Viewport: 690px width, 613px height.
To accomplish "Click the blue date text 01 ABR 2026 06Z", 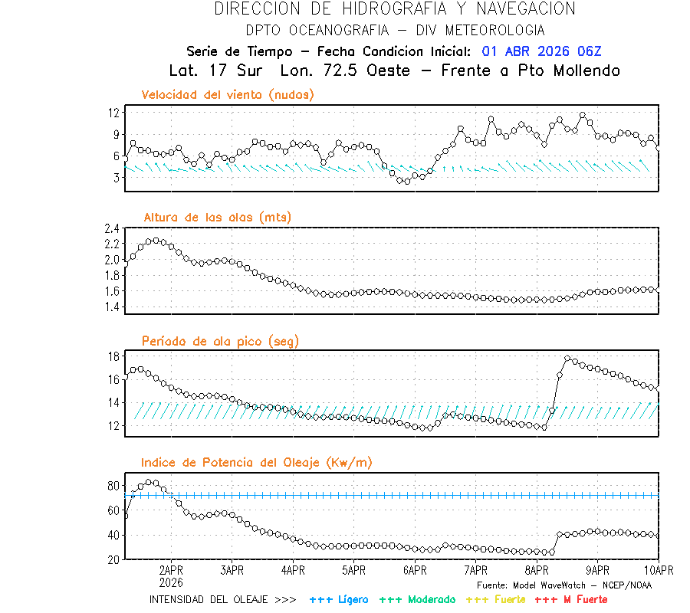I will [542, 51].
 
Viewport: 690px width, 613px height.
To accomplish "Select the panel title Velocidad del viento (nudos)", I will [228, 95].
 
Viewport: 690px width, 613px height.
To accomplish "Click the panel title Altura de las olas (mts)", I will [217, 218].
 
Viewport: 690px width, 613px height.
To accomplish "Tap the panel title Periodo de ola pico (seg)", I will [220, 341].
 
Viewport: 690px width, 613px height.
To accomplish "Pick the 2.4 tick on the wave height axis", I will [112, 228].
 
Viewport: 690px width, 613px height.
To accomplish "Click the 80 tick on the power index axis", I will [113, 486].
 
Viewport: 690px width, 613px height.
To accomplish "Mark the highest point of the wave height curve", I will [156, 240].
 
